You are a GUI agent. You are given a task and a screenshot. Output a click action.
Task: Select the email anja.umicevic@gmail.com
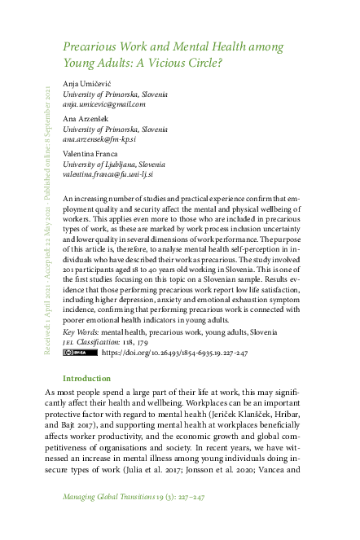[x=103, y=104]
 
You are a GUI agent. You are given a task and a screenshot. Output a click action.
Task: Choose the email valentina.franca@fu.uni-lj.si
[x=108, y=174]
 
